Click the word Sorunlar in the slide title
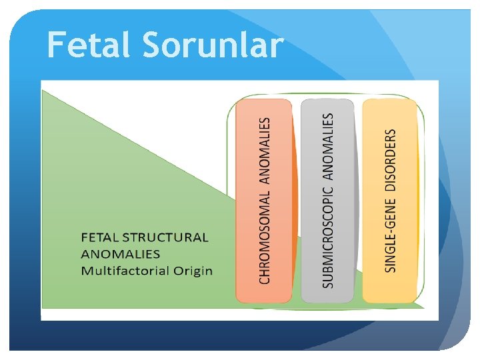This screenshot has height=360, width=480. coord(213,45)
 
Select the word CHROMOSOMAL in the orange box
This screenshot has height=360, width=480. coord(265,237)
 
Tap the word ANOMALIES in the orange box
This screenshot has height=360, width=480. coord(265,150)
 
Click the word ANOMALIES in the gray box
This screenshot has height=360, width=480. coord(327,145)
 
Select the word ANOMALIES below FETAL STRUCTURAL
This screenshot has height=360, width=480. coord(121,254)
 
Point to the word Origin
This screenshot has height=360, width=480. coord(195,271)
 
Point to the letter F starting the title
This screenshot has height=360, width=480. coord(57,45)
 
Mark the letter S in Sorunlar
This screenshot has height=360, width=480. coord(151,45)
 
